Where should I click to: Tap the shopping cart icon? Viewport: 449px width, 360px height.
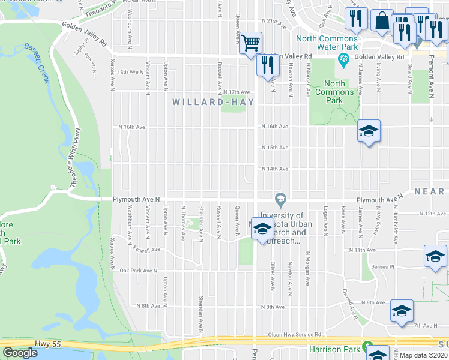click(x=252, y=43)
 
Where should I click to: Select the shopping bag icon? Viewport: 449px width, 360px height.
click(x=381, y=21)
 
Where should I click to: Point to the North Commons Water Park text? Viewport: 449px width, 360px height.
click(x=327, y=43)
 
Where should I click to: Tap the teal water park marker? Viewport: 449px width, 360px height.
click(x=344, y=58)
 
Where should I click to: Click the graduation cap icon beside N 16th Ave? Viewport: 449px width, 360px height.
click(x=369, y=131)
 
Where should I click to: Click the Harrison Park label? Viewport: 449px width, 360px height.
click(x=334, y=349)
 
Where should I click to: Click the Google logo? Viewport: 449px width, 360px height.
click(x=20, y=353)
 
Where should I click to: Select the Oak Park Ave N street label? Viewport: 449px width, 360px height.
click(x=138, y=271)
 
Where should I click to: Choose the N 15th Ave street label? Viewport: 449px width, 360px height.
click(x=274, y=148)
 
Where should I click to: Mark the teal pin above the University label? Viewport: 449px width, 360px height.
click(x=279, y=198)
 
